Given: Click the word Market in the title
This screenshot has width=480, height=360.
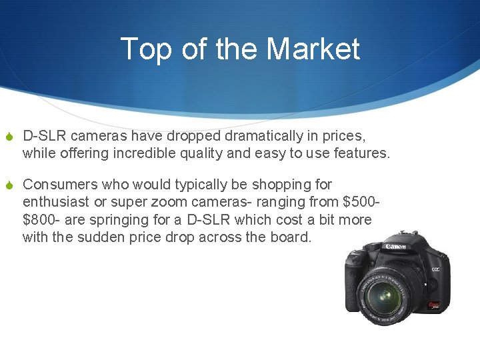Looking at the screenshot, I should pyautogui.click(x=313, y=49).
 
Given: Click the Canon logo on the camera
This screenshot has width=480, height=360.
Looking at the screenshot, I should pyautogui.click(x=395, y=247).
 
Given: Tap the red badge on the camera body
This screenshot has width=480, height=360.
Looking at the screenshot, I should pyautogui.click(x=434, y=305).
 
